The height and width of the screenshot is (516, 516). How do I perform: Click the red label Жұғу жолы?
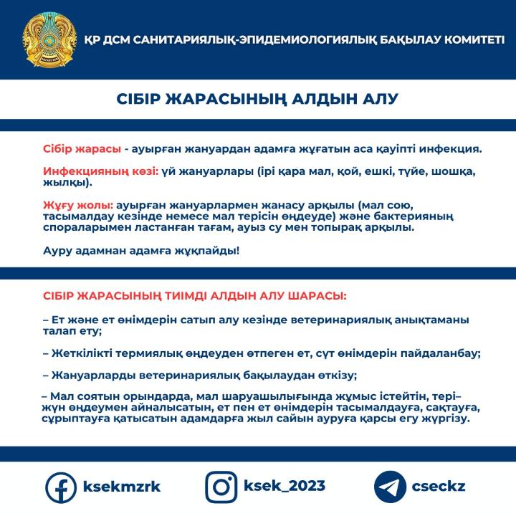pyautogui.click(x=78, y=206)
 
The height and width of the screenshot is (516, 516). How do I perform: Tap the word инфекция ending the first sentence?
pyautogui.click(x=451, y=150)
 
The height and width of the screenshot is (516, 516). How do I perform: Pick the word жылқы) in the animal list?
pyautogui.click(x=66, y=183)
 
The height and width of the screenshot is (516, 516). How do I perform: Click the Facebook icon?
pyautogui.click(x=60, y=487)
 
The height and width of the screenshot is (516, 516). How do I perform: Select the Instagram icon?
pyautogui.click(x=221, y=487)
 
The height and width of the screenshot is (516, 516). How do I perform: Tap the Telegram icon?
pyautogui.click(x=391, y=487)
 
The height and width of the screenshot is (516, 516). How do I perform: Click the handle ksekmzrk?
pyautogui.click(x=122, y=487)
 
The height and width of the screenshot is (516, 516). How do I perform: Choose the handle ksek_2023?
pyautogui.click(x=284, y=487)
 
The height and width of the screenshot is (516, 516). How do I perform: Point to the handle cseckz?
pyautogui.click(x=439, y=487)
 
